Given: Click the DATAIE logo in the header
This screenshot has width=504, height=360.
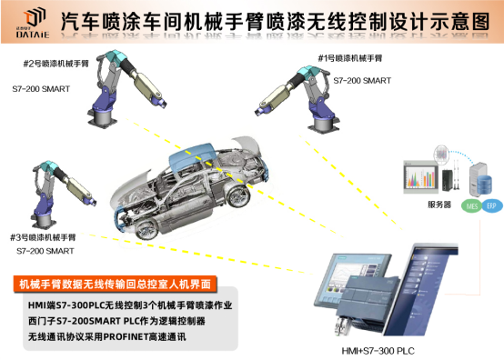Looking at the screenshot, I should click(x=35, y=18).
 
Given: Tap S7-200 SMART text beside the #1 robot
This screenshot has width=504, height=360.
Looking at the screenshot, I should click(x=364, y=80).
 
